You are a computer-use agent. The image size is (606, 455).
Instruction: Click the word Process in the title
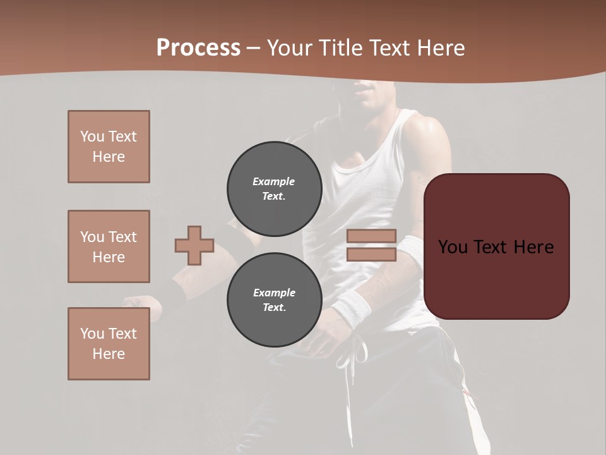[198, 48]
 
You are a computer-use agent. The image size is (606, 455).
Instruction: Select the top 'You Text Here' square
[109, 147]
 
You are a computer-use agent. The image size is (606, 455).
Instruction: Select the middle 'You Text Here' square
[109, 246]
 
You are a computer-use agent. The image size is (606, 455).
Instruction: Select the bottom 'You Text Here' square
[109, 344]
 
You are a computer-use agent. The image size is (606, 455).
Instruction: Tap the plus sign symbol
[194, 245]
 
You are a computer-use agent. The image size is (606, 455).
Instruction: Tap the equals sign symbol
[371, 245]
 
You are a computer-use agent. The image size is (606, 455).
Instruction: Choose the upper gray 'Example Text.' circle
[275, 189]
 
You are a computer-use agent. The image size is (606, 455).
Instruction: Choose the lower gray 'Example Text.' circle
[275, 300]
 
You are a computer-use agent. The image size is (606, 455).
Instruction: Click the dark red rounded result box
[496, 246]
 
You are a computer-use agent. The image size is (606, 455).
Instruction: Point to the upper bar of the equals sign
[371, 236]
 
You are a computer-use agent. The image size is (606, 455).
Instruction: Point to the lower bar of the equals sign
[371, 255]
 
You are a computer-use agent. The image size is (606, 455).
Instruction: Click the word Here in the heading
[439, 48]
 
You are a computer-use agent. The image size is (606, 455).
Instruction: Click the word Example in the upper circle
[274, 181]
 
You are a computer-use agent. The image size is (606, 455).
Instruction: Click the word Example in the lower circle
[274, 293]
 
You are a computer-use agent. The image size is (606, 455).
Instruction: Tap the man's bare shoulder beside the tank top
[424, 136]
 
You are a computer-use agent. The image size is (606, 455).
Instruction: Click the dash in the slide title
[254, 48]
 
